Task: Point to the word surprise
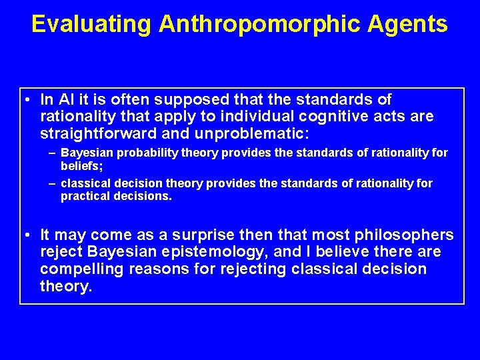tap(197, 235)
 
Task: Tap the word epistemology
tap(212, 252)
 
